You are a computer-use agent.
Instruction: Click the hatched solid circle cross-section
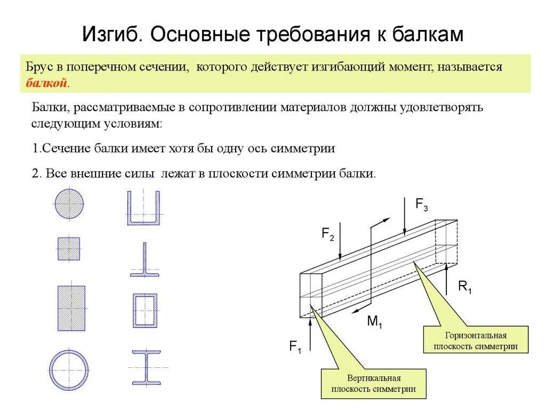point(69,203)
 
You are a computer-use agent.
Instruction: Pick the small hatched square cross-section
point(69,248)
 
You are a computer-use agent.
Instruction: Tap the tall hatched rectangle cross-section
point(70,307)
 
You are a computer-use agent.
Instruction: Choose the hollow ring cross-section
point(69,368)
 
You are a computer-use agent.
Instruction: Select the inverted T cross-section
point(143,262)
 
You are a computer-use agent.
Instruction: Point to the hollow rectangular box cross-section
point(144,310)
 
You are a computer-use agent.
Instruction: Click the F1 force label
point(295,347)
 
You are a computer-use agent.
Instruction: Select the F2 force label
point(327,233)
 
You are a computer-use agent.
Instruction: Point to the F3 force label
point(422,204)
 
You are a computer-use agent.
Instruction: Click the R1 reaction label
point(465,287)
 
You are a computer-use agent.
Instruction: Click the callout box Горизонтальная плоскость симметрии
point(476,340)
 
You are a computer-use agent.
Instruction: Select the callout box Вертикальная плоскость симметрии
point(373,383)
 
